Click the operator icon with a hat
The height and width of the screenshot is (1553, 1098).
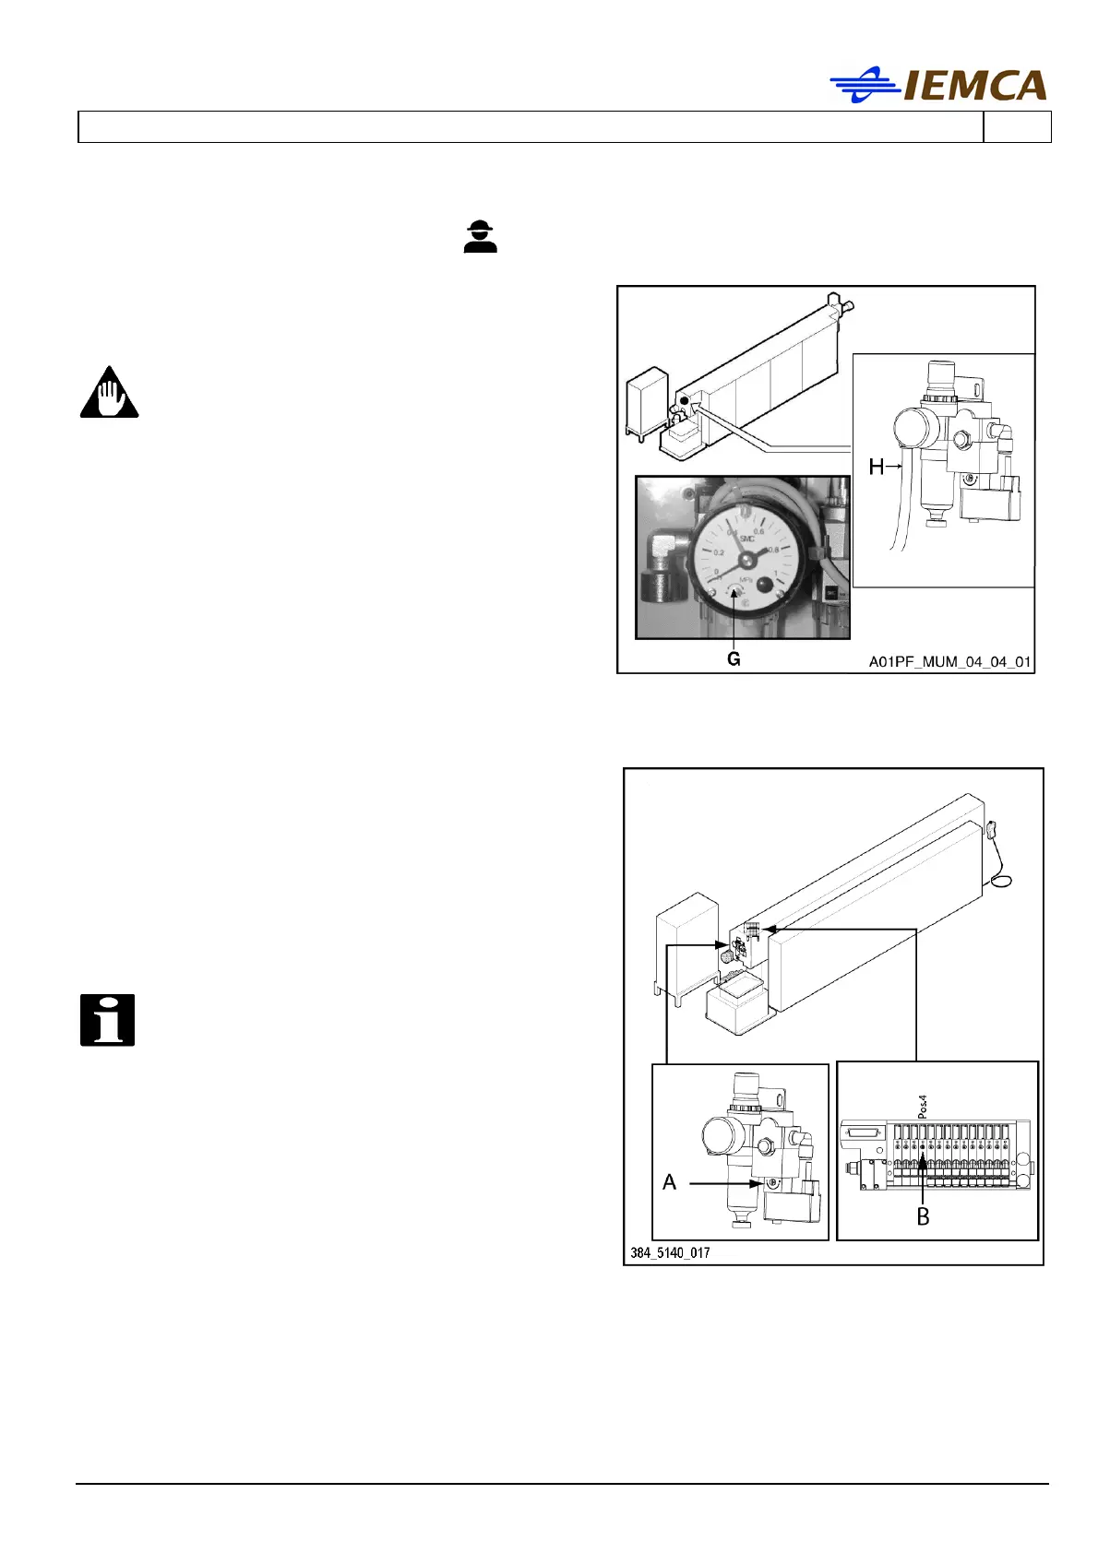480,236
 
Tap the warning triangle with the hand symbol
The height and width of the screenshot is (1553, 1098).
109,393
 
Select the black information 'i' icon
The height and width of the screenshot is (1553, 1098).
107,1020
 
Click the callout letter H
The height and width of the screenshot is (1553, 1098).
876,468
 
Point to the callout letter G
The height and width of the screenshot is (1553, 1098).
734,659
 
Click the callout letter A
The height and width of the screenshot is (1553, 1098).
670,1182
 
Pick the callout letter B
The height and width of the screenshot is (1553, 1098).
923,1217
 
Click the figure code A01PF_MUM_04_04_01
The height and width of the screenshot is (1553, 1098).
949,662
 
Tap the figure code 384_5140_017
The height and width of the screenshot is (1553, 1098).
671,1252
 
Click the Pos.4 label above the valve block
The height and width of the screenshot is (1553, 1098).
923,1107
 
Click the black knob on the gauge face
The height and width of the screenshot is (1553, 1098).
765,584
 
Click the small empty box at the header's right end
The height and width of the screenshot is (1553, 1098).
1017,127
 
